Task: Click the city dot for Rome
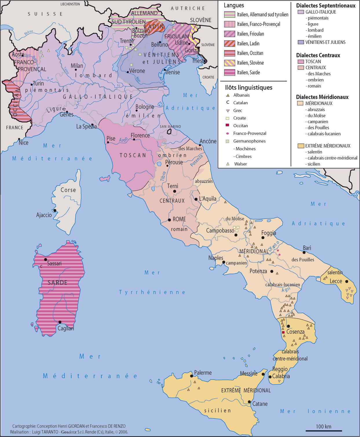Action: coord(169,220)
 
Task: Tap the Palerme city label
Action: coord(203,373)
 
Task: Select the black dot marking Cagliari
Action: coord(60,322)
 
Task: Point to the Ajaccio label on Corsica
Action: coord(44,215)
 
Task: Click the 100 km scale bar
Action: coord(324,431)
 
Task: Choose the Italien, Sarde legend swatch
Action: coord(229,72)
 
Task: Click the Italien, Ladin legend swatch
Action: coord(229,43)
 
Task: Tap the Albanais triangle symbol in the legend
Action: coord(228,95)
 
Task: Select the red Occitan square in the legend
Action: coord(228,125)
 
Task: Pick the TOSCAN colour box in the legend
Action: coord(301,61)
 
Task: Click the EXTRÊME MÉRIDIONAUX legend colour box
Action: coord(301,146)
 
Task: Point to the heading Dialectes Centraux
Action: coord(318,55)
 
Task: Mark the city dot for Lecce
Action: coord(346,281)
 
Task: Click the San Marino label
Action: coord(170,127)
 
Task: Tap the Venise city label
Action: coord(173,72)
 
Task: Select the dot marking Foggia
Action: coord(263,238)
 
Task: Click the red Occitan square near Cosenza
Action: coord(283,332)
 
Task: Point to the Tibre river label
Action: coord(163,176)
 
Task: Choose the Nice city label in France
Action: coord(23,143)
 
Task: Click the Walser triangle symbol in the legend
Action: coord(228,164)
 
